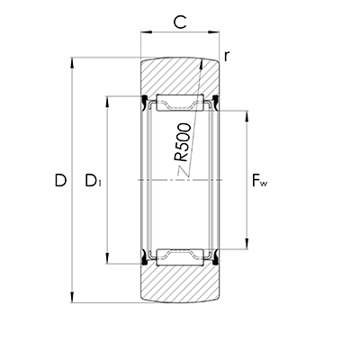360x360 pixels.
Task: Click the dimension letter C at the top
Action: [180, 21]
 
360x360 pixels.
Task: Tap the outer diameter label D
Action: [60, 181]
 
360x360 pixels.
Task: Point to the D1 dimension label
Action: [93, 181]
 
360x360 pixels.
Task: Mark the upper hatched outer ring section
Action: [180, 76]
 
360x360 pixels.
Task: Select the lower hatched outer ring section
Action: [180, 286]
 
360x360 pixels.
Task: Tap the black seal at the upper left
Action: [146, 100]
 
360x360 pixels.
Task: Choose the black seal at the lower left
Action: [146, 261]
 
